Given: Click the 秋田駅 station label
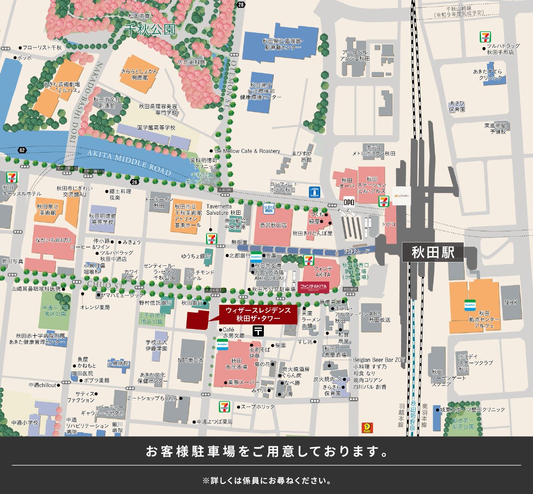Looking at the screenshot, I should (x=433, y=253).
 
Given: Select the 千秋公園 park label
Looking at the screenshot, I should (x=150, y=30).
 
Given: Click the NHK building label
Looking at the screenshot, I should (x=511, y=303).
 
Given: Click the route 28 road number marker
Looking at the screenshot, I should (x=241, y=4).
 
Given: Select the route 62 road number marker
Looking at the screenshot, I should (x=22, y=150).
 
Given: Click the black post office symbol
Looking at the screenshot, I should (x=258, y=330).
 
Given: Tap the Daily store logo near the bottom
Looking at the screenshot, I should (x=367, y=428).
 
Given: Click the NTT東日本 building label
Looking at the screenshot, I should (x=190, y=360).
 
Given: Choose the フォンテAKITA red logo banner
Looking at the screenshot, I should (x=313, y=286).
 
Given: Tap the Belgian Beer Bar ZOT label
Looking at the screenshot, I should (x=379, y=360).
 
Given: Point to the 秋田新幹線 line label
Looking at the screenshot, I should (x=413, y=416).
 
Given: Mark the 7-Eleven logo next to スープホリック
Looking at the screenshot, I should (x=225, y=406).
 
